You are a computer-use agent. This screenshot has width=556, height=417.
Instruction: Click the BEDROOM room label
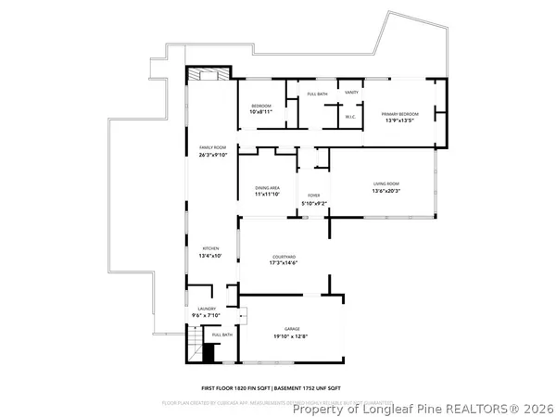click(x=261, y=107)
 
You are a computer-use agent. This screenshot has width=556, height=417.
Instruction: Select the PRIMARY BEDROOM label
click(x=400, y=114)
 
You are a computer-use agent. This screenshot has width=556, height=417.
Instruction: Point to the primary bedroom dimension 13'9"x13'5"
click(x=400, y=120)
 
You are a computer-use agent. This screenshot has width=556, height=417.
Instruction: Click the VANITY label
click(x=352, y=93)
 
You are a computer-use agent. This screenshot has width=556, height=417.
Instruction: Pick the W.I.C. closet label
click(x=351, y=117)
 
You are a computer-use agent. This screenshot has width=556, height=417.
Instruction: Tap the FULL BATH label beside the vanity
click(x=318, y=94)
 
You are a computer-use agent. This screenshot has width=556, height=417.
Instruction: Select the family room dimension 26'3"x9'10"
click(x=213, y=155)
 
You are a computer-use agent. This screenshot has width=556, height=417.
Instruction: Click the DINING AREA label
click(x=268, y=189)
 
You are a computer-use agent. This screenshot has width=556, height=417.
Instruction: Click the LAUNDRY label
click(x=206, y=309)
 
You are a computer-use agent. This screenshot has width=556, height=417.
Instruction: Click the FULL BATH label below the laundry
click(x=222, y=335)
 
